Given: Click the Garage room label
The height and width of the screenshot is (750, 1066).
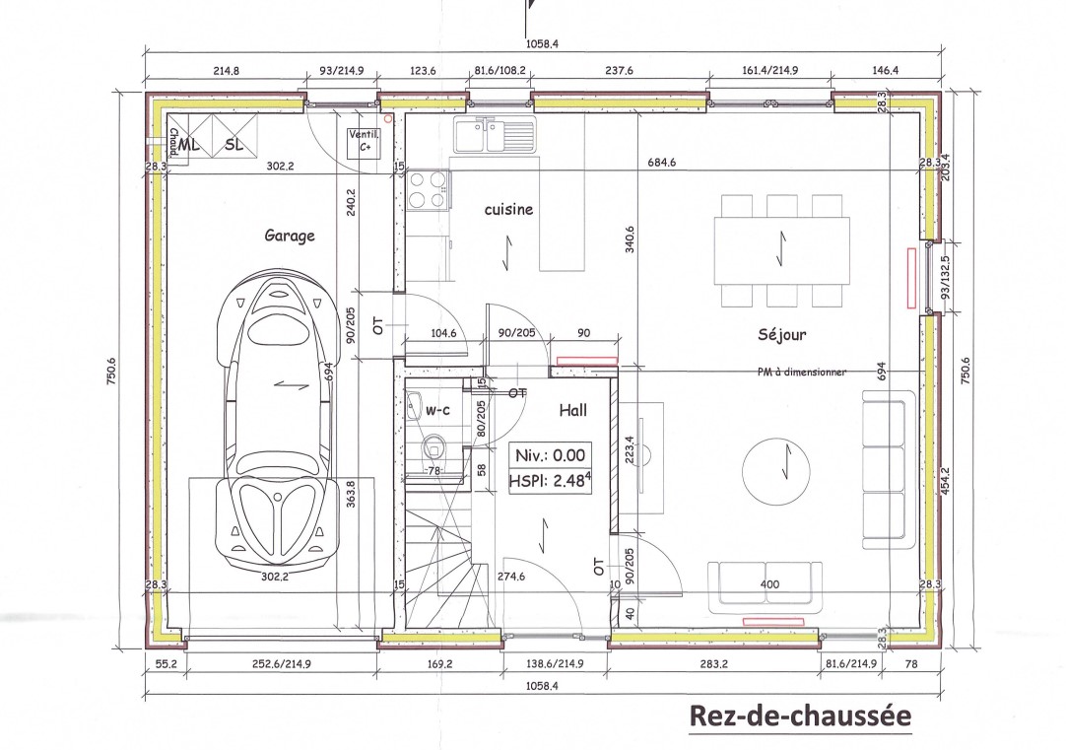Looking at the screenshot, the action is (x=290, y=236).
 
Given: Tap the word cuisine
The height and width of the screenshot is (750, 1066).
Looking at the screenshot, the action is (x=508, y=210).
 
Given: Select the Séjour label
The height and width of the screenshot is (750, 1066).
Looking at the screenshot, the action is (x=782, y=334).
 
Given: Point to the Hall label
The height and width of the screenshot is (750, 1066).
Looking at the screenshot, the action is (x=573, y=410).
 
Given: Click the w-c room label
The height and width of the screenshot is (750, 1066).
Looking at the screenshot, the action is (x=437, y=411).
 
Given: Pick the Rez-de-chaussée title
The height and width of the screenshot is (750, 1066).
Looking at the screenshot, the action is (x=800, y=716).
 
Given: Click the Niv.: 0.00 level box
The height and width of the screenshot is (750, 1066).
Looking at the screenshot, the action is (x=550, y=455).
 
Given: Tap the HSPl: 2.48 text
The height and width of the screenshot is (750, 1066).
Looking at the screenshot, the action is (x=550, y=481).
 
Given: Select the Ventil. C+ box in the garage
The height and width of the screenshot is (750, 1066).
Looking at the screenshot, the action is (x=364, y=144).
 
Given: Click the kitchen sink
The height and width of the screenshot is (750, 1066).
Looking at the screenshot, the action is (x=495, y=134).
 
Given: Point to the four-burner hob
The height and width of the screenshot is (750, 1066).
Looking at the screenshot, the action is (x=428, y=189).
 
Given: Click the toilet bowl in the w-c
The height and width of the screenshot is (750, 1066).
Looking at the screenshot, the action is (x=433, y=447).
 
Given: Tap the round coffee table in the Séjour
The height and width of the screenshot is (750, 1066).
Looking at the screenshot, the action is (x=775, y=470).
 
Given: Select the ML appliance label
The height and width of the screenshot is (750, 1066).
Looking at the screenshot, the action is (x=190, y=145).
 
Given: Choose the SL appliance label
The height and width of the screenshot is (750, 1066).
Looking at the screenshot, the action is (x=234, y=145).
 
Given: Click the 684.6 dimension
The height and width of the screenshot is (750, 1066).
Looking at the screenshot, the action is (x=661, y=164).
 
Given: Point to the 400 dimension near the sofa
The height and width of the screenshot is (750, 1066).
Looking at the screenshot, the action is (x=769, y=584).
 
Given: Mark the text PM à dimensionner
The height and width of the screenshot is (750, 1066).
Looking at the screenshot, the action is (x=802, y=372).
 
